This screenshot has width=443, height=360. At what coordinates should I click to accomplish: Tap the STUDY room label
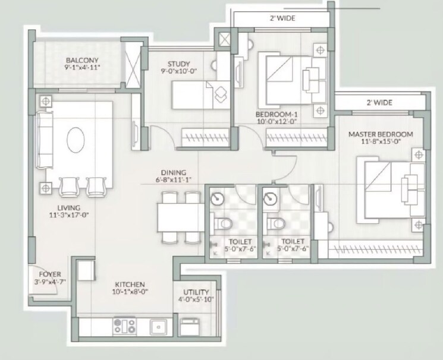[178, 64]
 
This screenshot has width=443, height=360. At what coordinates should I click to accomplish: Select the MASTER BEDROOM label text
[381, 134]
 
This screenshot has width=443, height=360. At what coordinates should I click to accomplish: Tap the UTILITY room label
[196, 292]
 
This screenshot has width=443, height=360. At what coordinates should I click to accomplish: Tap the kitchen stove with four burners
[125, 326]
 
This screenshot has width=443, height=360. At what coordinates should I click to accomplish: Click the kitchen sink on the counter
[158, 326]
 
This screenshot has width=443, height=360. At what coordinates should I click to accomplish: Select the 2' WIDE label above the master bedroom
[379, 103]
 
